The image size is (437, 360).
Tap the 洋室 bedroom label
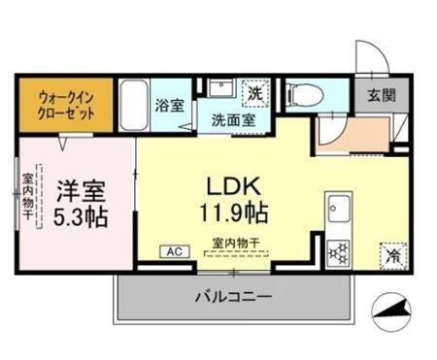coord(78,186)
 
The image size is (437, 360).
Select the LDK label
coord(231,184)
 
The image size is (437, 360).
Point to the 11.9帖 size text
coord(233,212)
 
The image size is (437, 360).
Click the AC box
coord(176,251)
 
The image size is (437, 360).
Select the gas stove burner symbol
coord(341,252)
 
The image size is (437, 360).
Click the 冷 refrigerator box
coord(392,255)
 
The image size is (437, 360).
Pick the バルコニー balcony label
coord(232,296)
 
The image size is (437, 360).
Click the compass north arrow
coord(392,313)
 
